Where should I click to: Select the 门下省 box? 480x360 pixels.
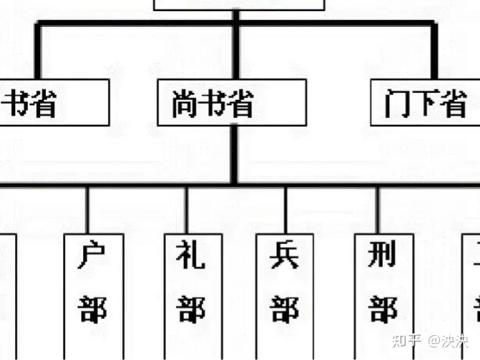[425, 103]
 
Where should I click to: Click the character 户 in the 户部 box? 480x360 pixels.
[94, 256]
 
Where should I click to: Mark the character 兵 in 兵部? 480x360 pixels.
[285, 256]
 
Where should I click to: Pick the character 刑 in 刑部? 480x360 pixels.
[383, 256]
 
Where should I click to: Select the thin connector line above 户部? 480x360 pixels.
[87, 209]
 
